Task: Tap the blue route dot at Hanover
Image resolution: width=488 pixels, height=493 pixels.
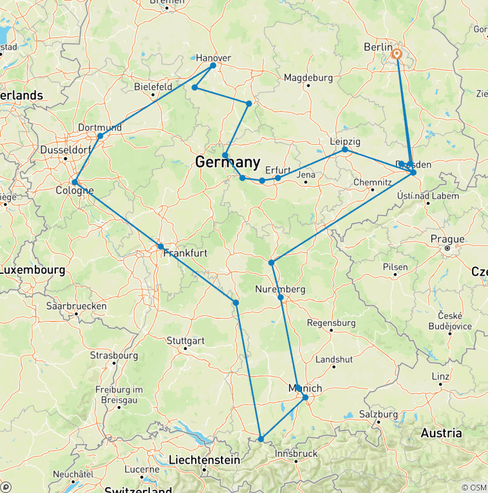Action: [x=213, y=65]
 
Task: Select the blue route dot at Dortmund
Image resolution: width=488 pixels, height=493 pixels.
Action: [x=100, y=136]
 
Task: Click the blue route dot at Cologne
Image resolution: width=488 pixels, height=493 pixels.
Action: [x=75, y=182]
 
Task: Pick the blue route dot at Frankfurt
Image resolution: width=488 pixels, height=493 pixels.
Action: [x=161, y=246]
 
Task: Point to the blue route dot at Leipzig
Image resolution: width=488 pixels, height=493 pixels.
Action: [x=345, y=149]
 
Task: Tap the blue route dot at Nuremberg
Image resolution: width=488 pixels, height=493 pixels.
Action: [x=280, y=297]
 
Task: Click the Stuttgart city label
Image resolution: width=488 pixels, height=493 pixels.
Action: [x=185, y=341]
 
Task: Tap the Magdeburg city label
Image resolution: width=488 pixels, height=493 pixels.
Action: [x=308, y=78]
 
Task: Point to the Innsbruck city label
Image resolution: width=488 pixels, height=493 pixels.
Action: [x=296, y=454]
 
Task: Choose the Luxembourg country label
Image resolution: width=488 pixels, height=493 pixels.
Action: [x=32, y=270]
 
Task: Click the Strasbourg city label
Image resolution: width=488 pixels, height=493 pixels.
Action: [x=114, y=355]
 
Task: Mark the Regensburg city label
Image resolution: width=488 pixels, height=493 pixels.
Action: [x=331, y=323]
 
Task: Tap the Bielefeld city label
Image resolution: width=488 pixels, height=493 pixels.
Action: [x=153, y=86]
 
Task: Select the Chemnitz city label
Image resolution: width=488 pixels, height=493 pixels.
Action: [x=372, y=182]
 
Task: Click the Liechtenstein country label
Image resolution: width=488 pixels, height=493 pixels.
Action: [x=204, y=459]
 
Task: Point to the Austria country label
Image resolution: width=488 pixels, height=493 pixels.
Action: [x=441, y=433]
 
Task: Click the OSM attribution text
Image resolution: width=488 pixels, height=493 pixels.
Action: [x=473, y=487]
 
